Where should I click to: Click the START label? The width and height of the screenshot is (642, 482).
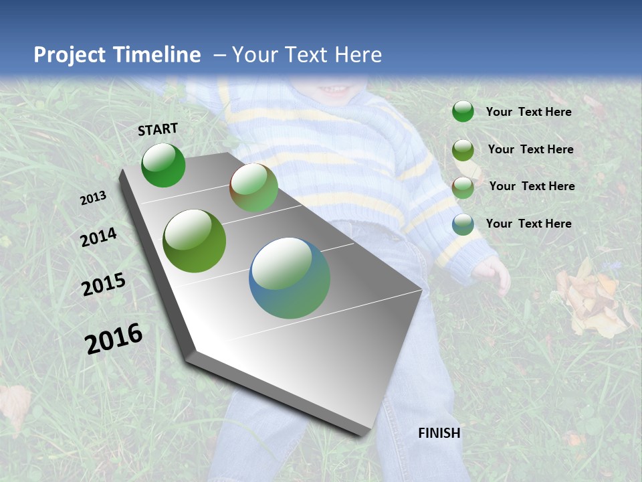pyautogui.click(x=158, y=129)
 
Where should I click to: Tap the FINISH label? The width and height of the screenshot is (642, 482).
pyautogui.click(x=439, y=433)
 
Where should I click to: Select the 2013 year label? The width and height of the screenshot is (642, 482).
pyautogui.click(x=93, y=198)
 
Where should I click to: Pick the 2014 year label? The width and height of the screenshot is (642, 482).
pyautogui.click(x=98, y=238)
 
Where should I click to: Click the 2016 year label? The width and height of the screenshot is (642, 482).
pyautogui.click(x=114, y=338)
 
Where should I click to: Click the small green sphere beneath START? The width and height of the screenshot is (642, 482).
pyautogui.click(x=163, y=165)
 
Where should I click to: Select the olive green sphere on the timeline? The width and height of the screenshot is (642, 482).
pyautogui.click(x=195, y=241)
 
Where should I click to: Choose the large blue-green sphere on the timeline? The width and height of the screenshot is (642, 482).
pyautogui.click(x=290, y=278)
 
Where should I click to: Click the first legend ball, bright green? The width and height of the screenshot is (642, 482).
pyautogui.click(x=463, y=112)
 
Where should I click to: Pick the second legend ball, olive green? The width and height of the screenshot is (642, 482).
pyautogui.click(x=463, y=150)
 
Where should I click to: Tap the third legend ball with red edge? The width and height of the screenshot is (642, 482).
pyautogui.click(x=463, y=187)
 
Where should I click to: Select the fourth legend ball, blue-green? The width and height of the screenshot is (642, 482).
pyautogui.click(x=463, y=224)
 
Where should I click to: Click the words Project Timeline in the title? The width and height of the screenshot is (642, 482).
pyautogui.click(x=117, y=55)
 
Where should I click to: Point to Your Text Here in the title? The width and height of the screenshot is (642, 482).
pyautogui.click(x=306, y=55)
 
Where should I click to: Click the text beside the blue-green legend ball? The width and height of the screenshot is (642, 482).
pyautogui.click(x=528, y=224)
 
